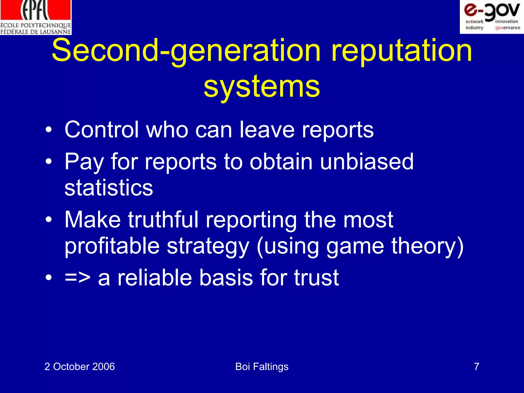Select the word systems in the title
tap(262, 87)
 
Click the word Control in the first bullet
tap(102, 130)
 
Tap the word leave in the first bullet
tap(267, 130)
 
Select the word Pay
tap(84, 162)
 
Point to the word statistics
tap(109, 188)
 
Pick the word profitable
tap(112, 246)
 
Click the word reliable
tap(155, 278)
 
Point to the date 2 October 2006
tap(80, 367)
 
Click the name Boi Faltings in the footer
tap(262, 367)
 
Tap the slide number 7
tap(476, 367)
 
